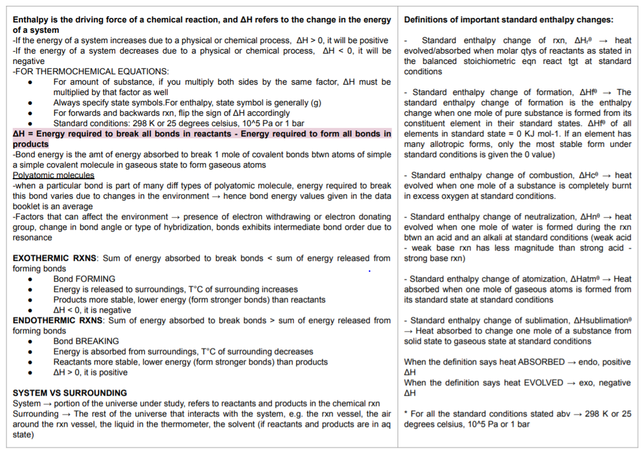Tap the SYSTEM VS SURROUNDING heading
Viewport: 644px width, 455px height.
tap(70, 393)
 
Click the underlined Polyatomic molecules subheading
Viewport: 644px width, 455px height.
tap(54, 175)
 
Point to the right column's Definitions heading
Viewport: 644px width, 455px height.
tap(509, 20)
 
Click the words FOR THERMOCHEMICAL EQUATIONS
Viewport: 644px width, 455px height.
tap(92, 71)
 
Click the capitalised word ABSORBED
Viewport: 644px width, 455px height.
tap(541, 362)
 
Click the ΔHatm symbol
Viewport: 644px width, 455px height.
tap(585, 279)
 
